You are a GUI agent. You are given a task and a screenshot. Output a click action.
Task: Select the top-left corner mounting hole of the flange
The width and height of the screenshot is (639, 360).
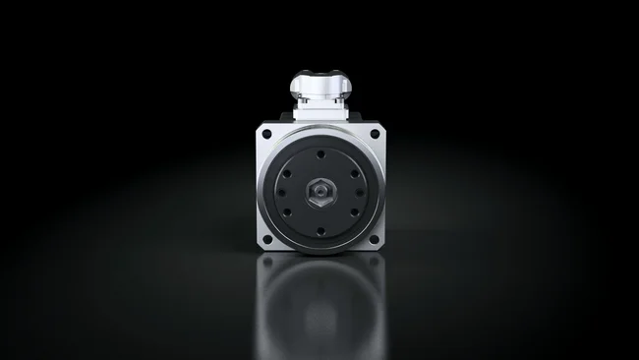(266, 134)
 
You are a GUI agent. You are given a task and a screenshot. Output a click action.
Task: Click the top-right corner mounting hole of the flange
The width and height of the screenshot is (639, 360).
(374, 134)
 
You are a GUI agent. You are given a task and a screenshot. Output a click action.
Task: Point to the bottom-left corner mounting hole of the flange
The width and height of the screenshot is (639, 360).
(266, 241)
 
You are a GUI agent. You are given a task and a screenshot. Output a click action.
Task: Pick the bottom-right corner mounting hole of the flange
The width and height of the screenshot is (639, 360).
(374, 241)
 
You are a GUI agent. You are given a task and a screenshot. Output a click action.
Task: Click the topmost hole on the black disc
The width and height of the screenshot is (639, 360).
(319, 153)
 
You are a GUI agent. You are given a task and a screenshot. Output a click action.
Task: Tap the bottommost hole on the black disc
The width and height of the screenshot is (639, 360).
(319, 231)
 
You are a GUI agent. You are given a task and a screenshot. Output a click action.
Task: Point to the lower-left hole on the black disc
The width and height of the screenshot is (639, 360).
(287, 210)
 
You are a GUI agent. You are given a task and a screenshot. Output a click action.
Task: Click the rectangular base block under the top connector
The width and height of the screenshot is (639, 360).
(319, 114)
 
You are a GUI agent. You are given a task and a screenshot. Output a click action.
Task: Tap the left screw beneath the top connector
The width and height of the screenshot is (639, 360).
(303, 99)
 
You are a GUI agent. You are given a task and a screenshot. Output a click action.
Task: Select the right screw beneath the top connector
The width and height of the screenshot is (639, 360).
(337, 99)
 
